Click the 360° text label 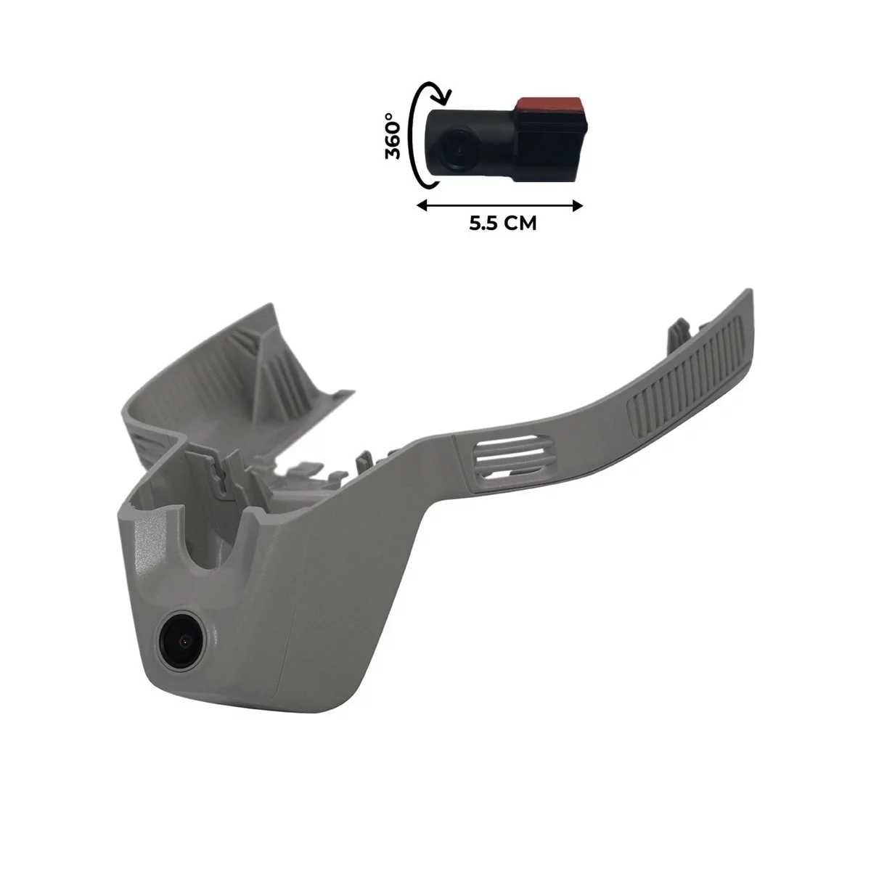point(393,136)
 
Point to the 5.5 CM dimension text point(502,224)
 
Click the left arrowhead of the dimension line point(422,207)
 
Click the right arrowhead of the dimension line point(577,207)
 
